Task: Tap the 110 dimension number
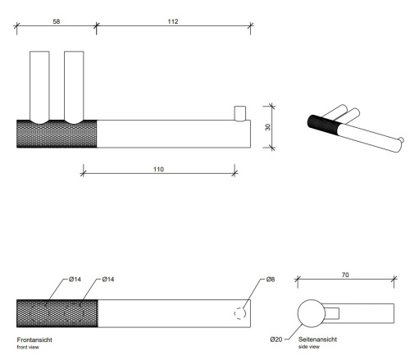point(158,169)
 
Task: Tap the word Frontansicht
point(35,338)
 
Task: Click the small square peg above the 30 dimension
point(240,112)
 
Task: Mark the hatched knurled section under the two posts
point(57,134)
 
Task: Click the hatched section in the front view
point(57,313)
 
